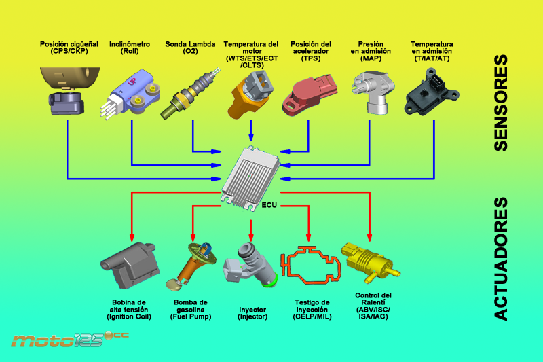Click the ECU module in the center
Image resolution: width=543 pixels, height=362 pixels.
pyautogui.click(x=250, y=175)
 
